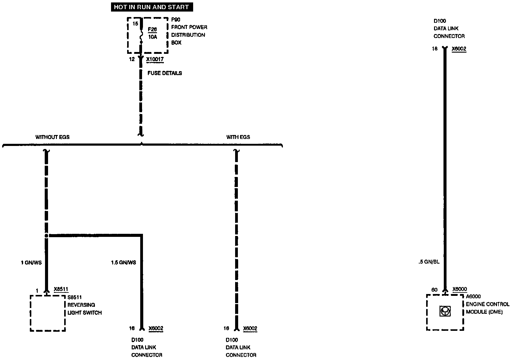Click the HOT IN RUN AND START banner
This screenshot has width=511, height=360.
[x=151, y=7]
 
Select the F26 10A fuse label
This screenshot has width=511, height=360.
[x=152, y=33]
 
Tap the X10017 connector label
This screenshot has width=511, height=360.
[x=155, y=59]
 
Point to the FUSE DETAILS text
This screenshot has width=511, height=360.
[x=165, y=73]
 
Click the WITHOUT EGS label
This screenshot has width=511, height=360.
[x=52, y=137]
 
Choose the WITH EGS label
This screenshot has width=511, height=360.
[x=238, y=137]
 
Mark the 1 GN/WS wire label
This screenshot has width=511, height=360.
[x=31, y=262]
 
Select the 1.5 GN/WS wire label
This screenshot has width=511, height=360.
[x=123, y=262]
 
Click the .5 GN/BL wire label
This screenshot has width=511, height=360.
[x=429, y=262]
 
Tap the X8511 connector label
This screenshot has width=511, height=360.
[x=61, y=289]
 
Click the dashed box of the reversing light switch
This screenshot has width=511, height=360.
[x=48, y=313]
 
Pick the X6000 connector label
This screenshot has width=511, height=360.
[x=459, y=289]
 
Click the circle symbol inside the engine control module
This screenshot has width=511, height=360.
[x=445, y=311]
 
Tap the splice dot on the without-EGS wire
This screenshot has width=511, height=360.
[x=47, y=236]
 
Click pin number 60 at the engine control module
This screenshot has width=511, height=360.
[x=434, y=290]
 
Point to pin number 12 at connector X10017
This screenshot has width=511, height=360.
[x=132, y=59]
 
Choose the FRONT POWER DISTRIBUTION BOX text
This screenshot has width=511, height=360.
[x=189, y=35]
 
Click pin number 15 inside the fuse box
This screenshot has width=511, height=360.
[x=135, y=23]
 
